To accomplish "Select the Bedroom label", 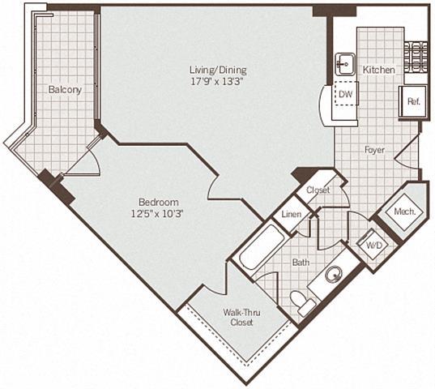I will tap(159, 201).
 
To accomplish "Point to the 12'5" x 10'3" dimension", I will tap(159, 213).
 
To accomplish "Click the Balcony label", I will tap(64, 90).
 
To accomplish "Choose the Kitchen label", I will tap(378, 71).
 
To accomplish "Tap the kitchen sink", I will tap(343, 63).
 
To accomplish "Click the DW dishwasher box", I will tap(344, 95).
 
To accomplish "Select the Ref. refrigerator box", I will tap(412, 101).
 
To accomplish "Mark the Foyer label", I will tap(374, 149).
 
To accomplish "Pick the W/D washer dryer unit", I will tap(374, 244).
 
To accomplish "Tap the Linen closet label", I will tap(292, 215).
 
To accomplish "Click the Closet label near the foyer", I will tap(318, 190).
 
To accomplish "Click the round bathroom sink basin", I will tap(334, 275).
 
